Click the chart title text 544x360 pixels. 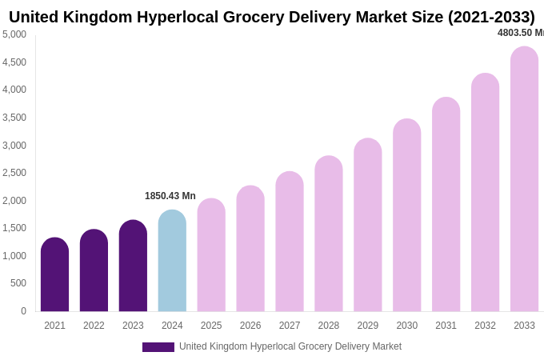(271, 17)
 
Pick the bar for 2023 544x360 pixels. (133, 266)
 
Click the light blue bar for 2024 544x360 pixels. (172, 261)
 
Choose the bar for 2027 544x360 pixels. (290, 242)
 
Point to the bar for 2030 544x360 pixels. (406, 215)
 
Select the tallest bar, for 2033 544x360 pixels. (524, 179)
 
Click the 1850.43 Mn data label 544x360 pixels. (170, 196)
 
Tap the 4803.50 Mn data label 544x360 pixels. (520, 33)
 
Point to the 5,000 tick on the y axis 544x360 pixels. (14, 34)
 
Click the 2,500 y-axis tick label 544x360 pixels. (14, 173)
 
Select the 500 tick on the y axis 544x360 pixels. (18, 283)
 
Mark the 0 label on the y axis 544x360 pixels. (23, 311)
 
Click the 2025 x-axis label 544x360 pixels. (211, 326)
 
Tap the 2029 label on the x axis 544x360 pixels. (368, 326)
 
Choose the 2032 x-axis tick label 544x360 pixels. (485, 326)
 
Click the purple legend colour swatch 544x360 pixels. (158, 347)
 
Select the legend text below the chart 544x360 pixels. (290, 346)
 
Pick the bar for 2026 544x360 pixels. (250, 249)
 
